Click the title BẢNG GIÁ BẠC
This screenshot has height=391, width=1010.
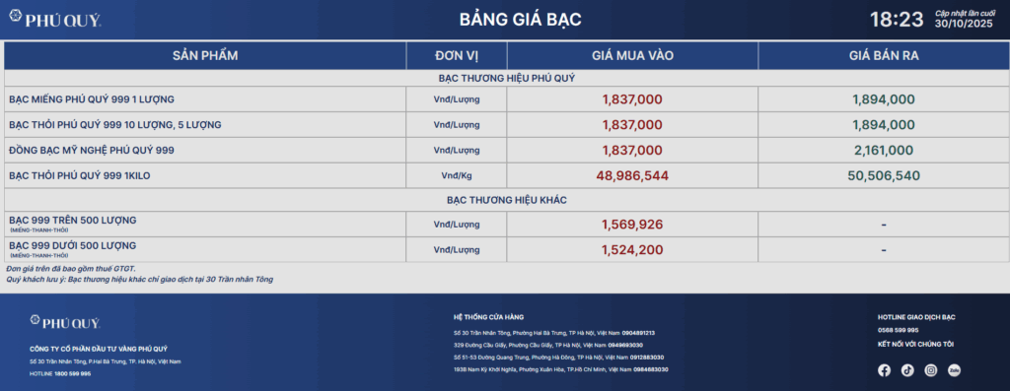tap(506, 20)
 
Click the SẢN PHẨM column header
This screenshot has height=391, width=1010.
tap(205, 55)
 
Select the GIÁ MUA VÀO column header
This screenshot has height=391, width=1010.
tap(632, 55)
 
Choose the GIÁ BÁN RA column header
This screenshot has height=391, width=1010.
tap(884, 55)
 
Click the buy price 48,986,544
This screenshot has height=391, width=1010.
tap(632, 175)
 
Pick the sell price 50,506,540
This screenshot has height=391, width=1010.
tap(884, 175)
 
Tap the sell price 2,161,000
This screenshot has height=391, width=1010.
tap(884, 150)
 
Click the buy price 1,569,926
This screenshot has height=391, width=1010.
tap(632, 225)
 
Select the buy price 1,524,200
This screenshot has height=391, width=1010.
tap(632, 250)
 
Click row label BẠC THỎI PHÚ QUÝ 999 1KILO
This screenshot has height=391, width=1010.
tap(79, 175)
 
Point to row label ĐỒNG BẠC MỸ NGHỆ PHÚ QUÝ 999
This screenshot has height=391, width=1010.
tap(91, 150)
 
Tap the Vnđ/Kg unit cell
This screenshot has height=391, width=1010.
tap(456, 175)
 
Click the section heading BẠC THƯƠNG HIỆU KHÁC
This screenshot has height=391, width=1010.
tap(506, 200)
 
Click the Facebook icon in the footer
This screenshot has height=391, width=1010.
tap(884, 370)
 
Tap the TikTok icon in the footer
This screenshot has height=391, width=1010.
tap(907, 370)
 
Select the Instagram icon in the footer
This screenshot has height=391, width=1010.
tap(931, 370)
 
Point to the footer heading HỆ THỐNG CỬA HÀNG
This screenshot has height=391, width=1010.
tap(489, 316)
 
